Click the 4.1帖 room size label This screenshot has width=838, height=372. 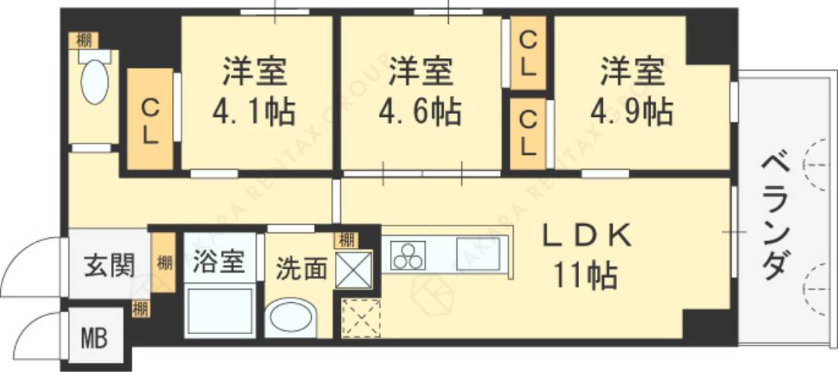click(254, 113)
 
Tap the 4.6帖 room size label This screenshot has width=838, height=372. click(420, 113)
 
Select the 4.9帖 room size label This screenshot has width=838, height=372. click(632, 113)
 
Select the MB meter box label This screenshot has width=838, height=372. click(95, 339)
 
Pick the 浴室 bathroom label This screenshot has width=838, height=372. click(219, 261)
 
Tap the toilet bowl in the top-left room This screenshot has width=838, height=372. click(95, 83)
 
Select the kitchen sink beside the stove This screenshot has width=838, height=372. click(477, 254)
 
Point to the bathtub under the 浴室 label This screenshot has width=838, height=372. click(220, 312)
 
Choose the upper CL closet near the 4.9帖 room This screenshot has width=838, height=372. click(528, 52)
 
